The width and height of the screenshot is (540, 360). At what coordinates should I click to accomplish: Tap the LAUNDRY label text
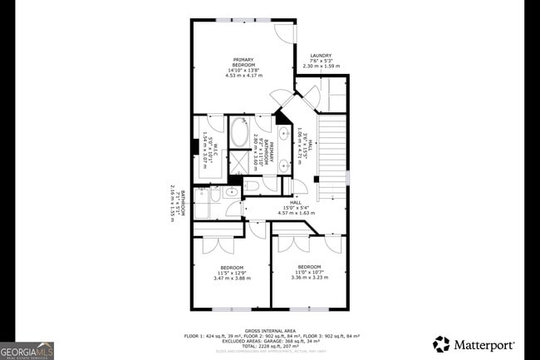click(321, 56)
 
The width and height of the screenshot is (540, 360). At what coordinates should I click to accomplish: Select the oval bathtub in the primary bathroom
click(238, 131)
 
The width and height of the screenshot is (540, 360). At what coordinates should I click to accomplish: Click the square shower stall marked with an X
click(238, 160)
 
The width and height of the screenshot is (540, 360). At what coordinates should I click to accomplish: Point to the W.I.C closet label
click(214, 151)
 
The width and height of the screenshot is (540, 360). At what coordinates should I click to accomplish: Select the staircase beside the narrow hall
click(331, 150)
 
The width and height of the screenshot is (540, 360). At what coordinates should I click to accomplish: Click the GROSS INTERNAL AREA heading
click(272, 330)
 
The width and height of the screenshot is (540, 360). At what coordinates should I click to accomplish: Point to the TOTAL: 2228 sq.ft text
click(272, 345)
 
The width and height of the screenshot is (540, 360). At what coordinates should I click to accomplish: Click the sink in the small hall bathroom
click(232, 193)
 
